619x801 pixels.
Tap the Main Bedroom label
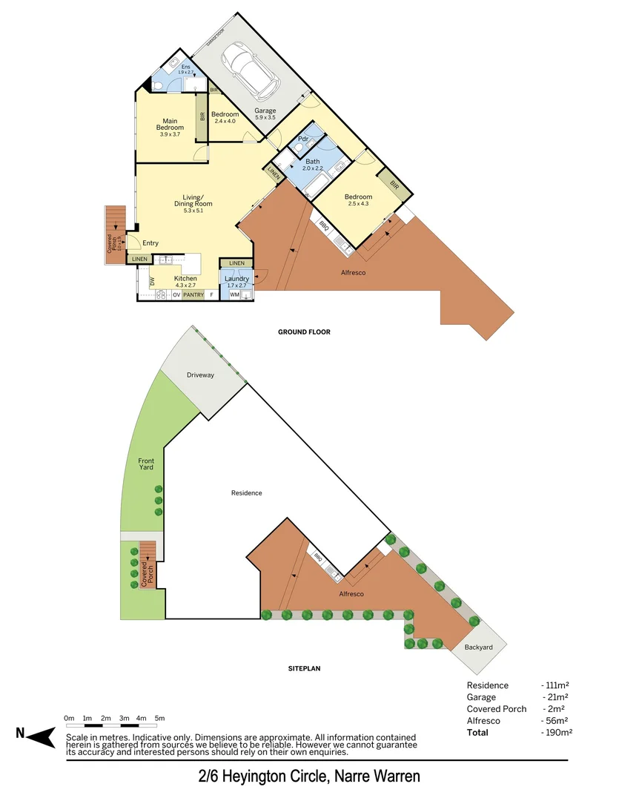click(170, 125)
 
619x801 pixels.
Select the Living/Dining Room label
click(193, 200)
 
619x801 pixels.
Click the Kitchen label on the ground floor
click(185, 279)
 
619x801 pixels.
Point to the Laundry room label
click(237, 279)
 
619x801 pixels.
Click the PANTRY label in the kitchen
click(193, 295)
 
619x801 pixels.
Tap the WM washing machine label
click(234, 295)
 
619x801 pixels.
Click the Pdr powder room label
click(302, 139)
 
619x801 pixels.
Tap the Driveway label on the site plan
click(200, 375)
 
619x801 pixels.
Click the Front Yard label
click(146, 465)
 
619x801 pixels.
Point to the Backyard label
click(478, 647)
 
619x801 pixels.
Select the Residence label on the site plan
click(246, 492)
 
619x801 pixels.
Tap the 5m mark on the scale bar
click(159, 718)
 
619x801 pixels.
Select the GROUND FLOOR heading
click(304, 332)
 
